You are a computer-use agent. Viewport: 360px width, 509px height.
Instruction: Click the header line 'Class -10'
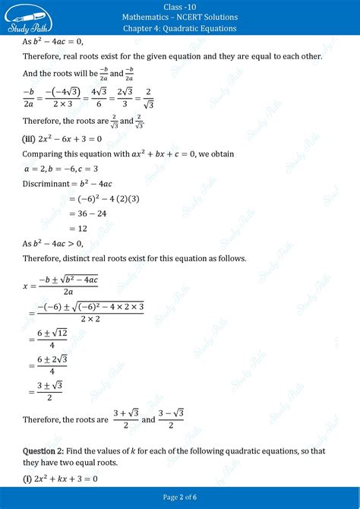point(180,6)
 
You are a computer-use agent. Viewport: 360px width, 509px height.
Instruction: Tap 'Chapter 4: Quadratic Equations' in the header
point(180,29)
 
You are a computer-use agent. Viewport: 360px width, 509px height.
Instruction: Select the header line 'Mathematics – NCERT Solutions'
point(180,17)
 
